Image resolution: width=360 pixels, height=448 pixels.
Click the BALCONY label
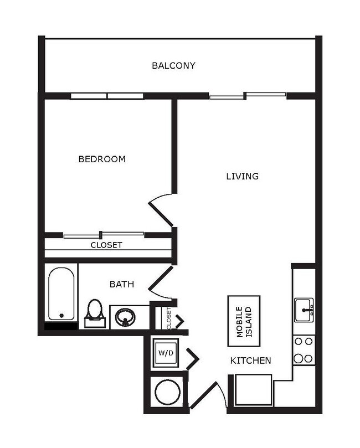[x=173, y=66]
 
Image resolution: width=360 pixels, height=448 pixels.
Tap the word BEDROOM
[x=102, y=159]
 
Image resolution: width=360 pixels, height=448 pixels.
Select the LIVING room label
[x=242, y=177]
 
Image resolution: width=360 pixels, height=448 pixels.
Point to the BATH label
[x=121, y=284]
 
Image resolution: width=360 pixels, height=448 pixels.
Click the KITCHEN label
[x=250, y=361]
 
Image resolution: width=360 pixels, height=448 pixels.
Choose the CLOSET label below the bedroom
[x=106, y=245]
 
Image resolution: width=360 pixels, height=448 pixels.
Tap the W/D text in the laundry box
[x=165, y=353]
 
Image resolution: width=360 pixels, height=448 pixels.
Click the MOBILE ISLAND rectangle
[x=244, y=321]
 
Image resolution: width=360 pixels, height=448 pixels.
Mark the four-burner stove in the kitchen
[x=304, y=350]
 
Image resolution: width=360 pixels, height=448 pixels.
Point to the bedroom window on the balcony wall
[x=107, y=96]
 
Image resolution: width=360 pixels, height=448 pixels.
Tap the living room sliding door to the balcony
[x=247, y=97]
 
